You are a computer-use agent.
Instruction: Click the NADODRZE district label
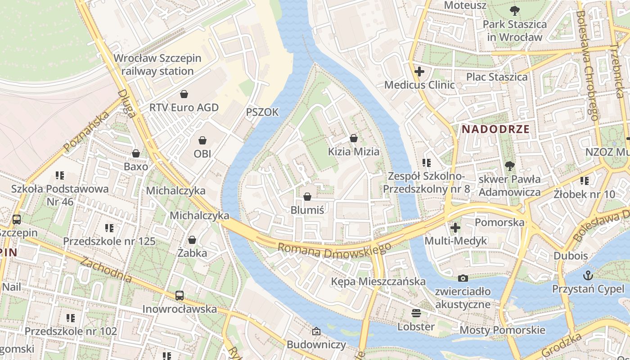click(495, 129)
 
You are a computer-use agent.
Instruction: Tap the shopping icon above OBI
click(202, 140)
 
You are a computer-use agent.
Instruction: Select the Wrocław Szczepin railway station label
click(157, 64)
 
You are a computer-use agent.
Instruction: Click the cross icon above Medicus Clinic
click(419, 72)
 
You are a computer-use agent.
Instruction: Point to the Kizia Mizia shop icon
click(354, 138)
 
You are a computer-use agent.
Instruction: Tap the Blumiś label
click(307, 210)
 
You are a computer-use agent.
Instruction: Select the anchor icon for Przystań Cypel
click(588, 275)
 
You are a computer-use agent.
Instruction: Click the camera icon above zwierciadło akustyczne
click(463, 279)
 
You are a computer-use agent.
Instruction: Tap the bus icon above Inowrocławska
click(180, 296)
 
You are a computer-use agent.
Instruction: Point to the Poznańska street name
click(87, 132)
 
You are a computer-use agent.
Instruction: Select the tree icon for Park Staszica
click(514, 10)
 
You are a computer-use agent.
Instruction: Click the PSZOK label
click(262, 112)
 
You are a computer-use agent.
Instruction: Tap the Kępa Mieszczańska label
click(378, 281)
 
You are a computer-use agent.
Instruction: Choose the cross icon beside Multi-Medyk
click(455, 228)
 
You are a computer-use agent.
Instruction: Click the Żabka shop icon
click(192, 240)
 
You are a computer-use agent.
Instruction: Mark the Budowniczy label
click(316, 345)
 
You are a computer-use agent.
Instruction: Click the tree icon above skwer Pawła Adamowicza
click(509, 166)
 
